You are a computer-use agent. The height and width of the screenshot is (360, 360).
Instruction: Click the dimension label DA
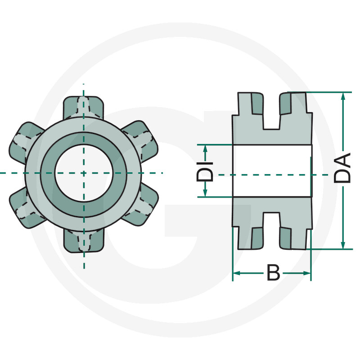coord(343,168)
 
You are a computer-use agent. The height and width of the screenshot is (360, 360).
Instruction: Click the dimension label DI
coord(205,170)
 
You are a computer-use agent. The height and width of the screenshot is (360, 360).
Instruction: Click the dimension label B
coord(273,273)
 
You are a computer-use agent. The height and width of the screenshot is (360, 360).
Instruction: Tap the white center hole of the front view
coord(83,173)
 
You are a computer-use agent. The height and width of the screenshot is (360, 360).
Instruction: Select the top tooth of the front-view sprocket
coord(83,106)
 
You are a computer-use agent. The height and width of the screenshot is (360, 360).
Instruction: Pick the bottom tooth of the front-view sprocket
coord(83,240)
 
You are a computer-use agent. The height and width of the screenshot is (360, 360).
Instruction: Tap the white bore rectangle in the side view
coord(272,171)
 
